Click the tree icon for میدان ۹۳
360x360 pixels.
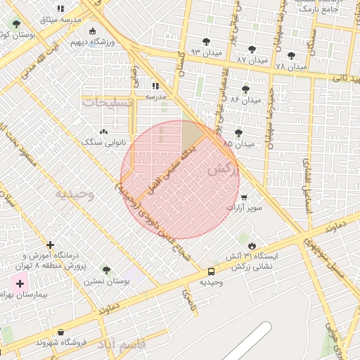[x=206, y=41]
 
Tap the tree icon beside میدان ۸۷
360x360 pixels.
[x=252, y=49]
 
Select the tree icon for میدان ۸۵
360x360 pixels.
[x=238, y=132]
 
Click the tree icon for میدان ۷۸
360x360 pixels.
[x=291, y=56]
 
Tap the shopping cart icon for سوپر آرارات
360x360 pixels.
[x=244, y=198]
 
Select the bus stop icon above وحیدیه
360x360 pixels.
[x=212, y=271]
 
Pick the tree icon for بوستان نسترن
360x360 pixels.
[x=106, y=270]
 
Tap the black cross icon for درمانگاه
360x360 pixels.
[x=50, y=245]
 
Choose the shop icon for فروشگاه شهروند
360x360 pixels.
[x=61, y=332]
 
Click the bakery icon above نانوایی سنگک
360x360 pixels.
[x=104, y=131]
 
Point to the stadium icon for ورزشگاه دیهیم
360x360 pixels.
[x=93, y=31]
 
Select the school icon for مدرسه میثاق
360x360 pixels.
[x=60, y=9]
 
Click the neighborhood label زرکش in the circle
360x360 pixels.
[x=224, y=169]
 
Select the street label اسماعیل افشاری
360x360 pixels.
[x=307, y=176]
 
